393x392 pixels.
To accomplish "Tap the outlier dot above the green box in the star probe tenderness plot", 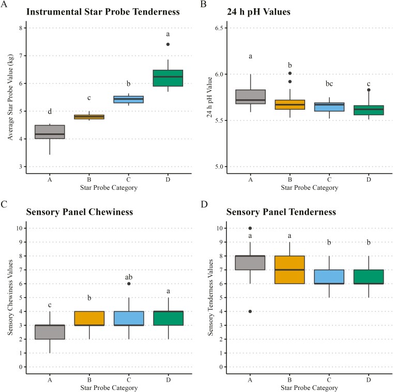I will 168,44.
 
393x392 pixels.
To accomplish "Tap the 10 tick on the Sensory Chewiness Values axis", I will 22,228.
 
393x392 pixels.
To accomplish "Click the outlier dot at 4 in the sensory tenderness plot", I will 250,311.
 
